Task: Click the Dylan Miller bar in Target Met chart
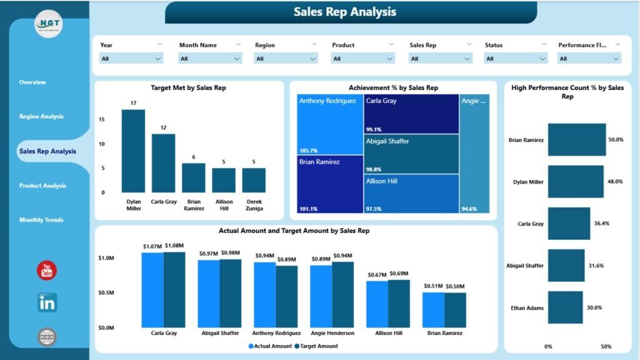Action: [133, 151]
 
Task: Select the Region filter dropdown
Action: [286, 59]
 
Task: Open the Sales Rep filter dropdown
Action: [441, 59]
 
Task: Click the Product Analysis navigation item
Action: [42, 186]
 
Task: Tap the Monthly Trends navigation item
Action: [41, 220]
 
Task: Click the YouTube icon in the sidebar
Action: [47, 270]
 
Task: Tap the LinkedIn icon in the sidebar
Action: [47, 303]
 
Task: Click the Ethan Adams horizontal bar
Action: [565, 307]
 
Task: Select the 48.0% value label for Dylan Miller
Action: [615, 181]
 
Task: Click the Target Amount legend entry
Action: [318, 346]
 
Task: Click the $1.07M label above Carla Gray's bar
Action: [152, 247]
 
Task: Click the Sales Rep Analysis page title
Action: [345, 12]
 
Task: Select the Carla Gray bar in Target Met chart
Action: [163, 162]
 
